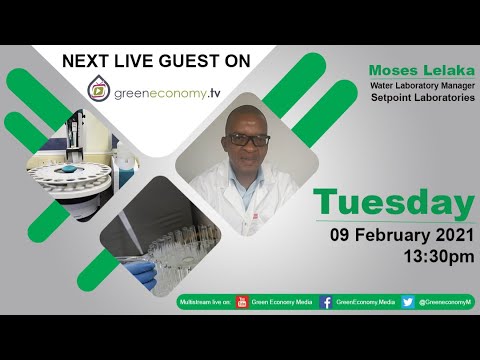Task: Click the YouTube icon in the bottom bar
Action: pyautogui.click(x=242, y=301)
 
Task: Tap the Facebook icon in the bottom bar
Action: pyautogui.click(x=326, y=301)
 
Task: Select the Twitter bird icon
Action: pyautogui.click(x=408, y=301)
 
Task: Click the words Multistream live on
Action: pyautogui.click(x=205, y=301)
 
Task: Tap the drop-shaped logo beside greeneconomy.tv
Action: pyautogui.click(x=100, y=90)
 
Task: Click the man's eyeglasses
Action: pyautogui.click(x=247, y=140)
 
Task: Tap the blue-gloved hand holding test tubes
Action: pyautogui.click(x=147, y=272)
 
